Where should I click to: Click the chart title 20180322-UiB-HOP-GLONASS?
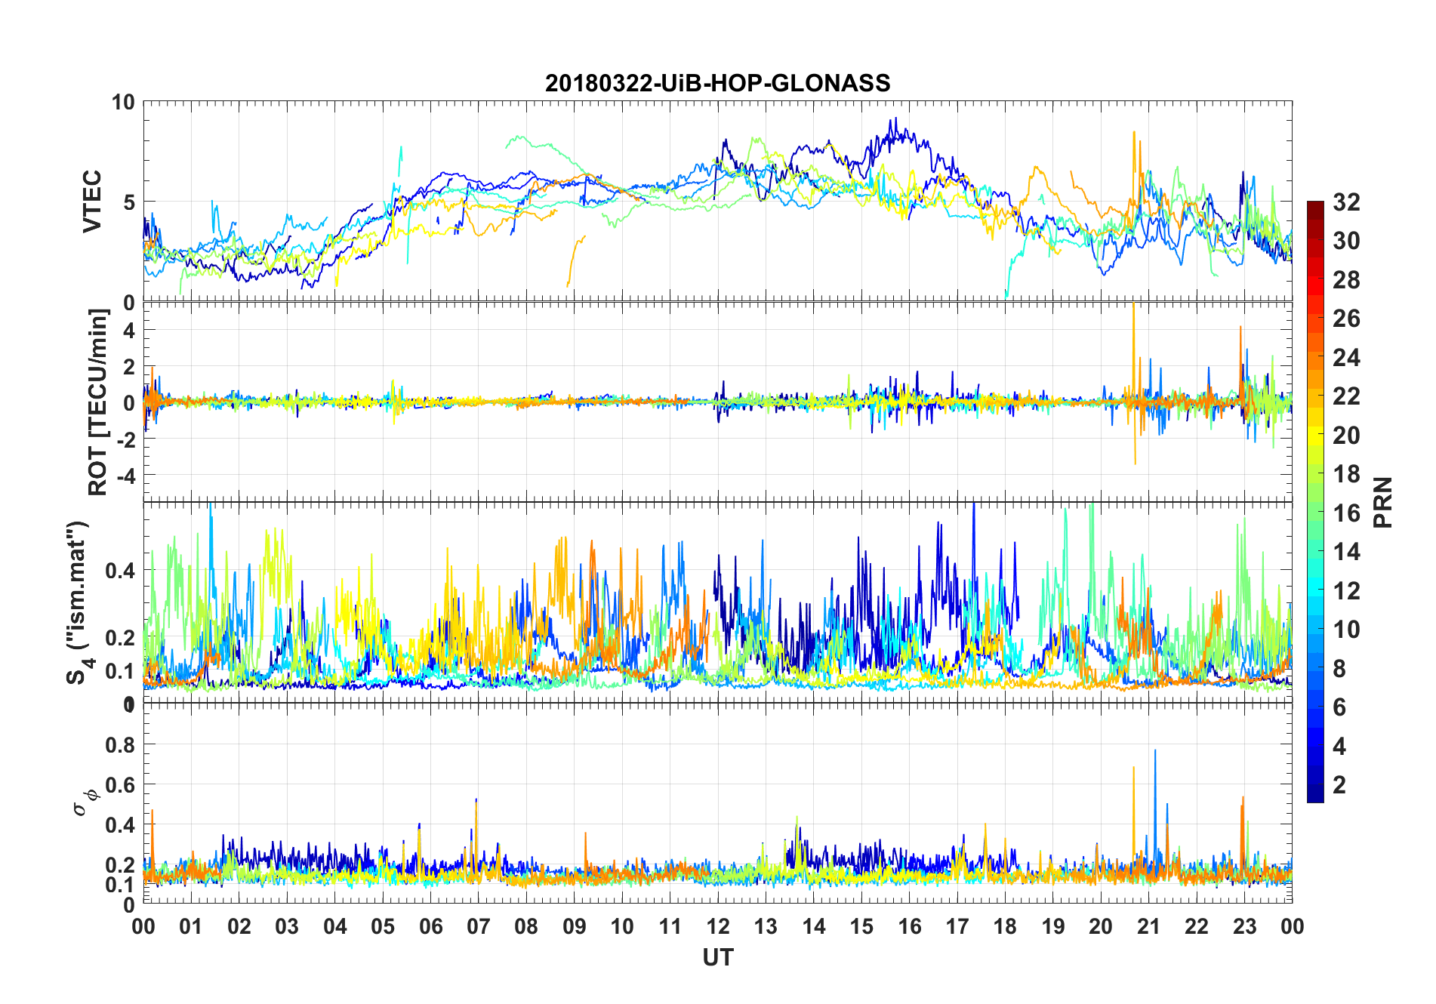tap(717, 83)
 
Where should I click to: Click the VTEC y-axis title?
tap(92, 202)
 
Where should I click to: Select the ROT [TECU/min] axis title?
tap(98, 402)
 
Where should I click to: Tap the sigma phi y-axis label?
tap(85, 802)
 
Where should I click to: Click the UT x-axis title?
tap(717, 957)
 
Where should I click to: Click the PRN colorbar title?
tap(1383, 502)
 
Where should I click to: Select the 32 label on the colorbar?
tap(1346, 202)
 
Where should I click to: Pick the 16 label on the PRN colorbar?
tap(1346, 513)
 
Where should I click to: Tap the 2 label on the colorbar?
tap(1339, 785)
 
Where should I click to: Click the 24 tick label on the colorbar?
tap(1346, 358)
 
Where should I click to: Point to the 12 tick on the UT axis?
tap(718, 926)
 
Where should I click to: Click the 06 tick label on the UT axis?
tap(430, 926)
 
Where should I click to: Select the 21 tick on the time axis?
tap(1148, 926)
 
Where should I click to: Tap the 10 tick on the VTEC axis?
tap(123, 102)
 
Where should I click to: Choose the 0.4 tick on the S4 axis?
tap(121, 570)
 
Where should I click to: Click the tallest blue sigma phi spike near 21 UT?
tap(1155, 751)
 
